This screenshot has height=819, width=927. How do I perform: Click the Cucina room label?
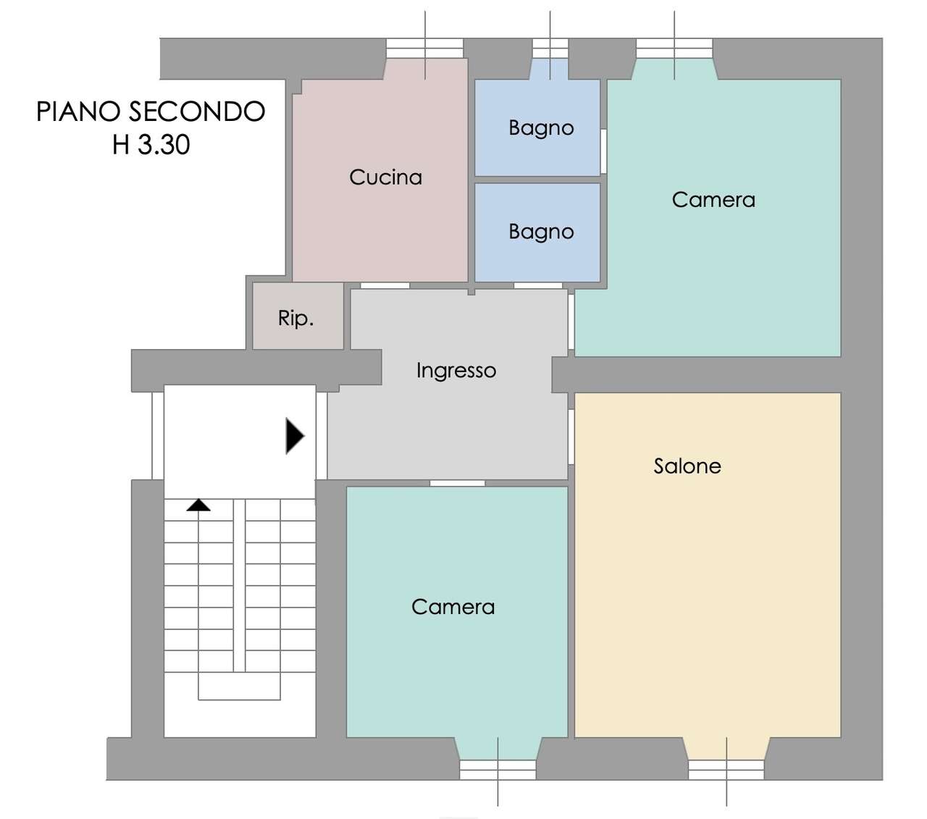click(385, 177)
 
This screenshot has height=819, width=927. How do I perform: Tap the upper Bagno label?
click(541, 128)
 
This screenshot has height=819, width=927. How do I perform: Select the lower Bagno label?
click(541, 232)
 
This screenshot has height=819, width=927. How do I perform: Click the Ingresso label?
click(456, 371)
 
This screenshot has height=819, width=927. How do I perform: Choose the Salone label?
click(687, 466)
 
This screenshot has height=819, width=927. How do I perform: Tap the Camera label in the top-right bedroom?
click(713, 200)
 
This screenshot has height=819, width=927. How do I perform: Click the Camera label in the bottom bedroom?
click(453, 607)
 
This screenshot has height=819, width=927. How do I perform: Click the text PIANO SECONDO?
click(151, 112)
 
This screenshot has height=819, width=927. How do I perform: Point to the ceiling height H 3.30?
click(151, 145)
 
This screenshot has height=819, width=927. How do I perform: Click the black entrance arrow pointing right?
click(295, 436)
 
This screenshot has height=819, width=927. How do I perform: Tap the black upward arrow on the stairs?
click(198, 505)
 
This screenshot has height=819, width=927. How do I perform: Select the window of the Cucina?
click(424, 49)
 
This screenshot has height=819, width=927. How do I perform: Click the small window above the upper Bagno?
click(550, 49)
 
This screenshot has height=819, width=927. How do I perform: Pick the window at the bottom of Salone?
click(726, 770)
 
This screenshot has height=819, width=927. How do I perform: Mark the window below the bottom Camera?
click(498, 770)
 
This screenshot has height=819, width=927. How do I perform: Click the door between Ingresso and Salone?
click(571, 437)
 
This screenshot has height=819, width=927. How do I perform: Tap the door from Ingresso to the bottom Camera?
click(457, 483)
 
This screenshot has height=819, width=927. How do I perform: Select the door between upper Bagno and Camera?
click(603, 151)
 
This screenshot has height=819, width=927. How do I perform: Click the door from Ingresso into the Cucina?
click(385, 285)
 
